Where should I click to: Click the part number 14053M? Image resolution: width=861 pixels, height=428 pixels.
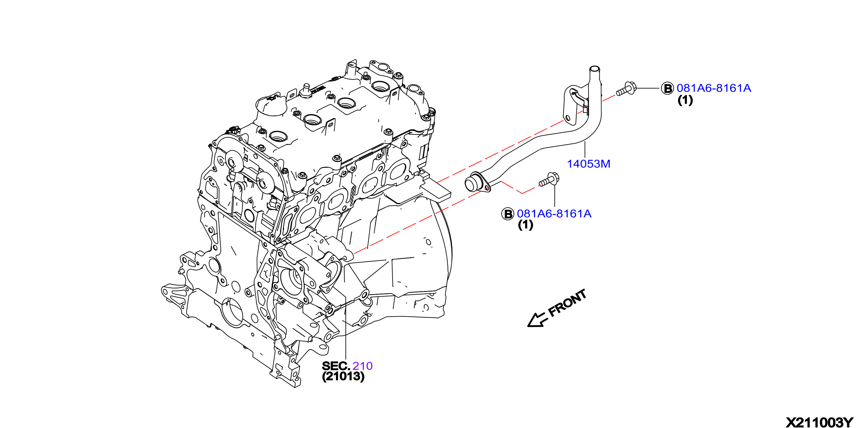click(x=589, y=164)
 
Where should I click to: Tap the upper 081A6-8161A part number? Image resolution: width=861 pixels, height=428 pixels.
click(x=714, y=88)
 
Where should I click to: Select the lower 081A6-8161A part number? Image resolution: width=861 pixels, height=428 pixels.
click(x=554, y=214)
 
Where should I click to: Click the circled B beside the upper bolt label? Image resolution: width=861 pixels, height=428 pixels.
click(x=668, y=89)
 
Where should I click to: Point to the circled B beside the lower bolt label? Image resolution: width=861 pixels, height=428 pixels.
click(x=507, y=214)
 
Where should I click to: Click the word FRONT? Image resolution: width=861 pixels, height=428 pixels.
click(x=567, y=303)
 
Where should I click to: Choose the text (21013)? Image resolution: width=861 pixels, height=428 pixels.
click(x=343, y=376)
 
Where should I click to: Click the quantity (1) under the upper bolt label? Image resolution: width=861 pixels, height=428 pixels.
click(x=685, y=100)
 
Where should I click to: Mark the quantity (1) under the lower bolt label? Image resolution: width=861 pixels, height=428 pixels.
click(x=525, y=225)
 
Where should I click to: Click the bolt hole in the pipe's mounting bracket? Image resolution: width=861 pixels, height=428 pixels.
click(x=568, y=118)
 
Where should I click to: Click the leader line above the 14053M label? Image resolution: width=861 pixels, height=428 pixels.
click(x=585, y=150)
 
